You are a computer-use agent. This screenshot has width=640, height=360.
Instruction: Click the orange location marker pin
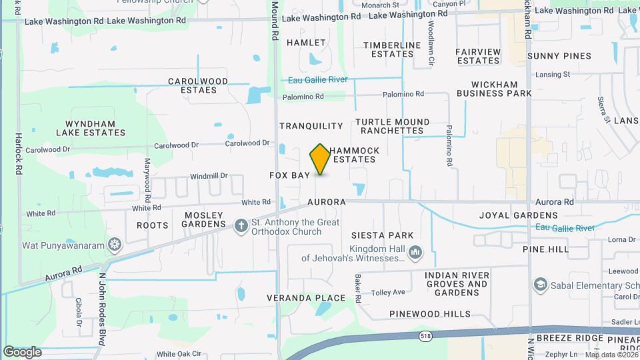[x=320, y=159]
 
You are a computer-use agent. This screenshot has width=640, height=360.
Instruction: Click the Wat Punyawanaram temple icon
[x=115, y=245]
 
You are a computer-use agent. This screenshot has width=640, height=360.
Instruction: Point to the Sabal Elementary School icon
[x=540, y=285]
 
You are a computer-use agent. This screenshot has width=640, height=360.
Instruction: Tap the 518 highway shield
[x=425, y=335]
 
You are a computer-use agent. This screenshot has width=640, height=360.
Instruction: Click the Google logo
[x=22, y=351]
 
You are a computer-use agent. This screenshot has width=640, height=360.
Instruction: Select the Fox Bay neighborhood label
[x=289, y=175]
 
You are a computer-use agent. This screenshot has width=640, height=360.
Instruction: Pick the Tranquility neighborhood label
[x=311, y=126]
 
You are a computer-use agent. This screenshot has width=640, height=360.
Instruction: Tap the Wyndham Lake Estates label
[x=95, y=128]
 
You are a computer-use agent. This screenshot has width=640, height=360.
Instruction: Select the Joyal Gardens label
[x=518, y=215]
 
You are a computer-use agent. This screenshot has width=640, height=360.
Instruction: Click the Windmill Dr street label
[x=209, y=176]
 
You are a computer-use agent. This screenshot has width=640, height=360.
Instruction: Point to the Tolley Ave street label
[x=388, y=292]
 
